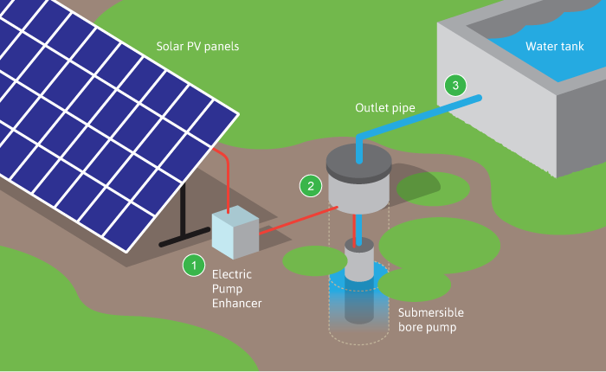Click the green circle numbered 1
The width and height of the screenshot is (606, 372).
pos(194,265)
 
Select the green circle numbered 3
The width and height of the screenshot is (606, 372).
pos(455,85)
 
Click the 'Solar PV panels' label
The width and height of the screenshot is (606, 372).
pos(197,46)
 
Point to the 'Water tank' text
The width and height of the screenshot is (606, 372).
pos(555,45)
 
